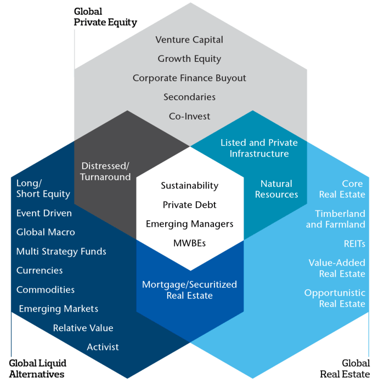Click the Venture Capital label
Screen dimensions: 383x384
click(x=189, y=39)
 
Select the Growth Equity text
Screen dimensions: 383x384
click(x=189, y=59)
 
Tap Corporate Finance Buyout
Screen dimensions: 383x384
click(x=189, y=78)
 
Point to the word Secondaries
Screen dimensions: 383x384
click(x=189, y=97)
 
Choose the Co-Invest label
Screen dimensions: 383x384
click(x=189, y=116)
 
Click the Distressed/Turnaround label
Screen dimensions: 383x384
click(x=105, y=171)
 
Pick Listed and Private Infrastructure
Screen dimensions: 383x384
click(x=259, y=148)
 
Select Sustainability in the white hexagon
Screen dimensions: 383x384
click(x=189, y=186)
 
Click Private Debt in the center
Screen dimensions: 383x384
click(x=189, y=205)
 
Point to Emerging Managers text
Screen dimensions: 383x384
click(x=189, y=224)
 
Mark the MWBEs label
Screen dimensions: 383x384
click(x=189, y=243)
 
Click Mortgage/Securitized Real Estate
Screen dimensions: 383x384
click(x=189, y=290)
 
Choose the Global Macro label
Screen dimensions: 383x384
click(x=46, y=232)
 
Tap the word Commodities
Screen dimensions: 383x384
click(x=45, y=290)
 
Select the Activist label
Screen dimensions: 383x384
click(x=103, y=347)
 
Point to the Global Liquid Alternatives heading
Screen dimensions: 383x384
click(x=37, y=369)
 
